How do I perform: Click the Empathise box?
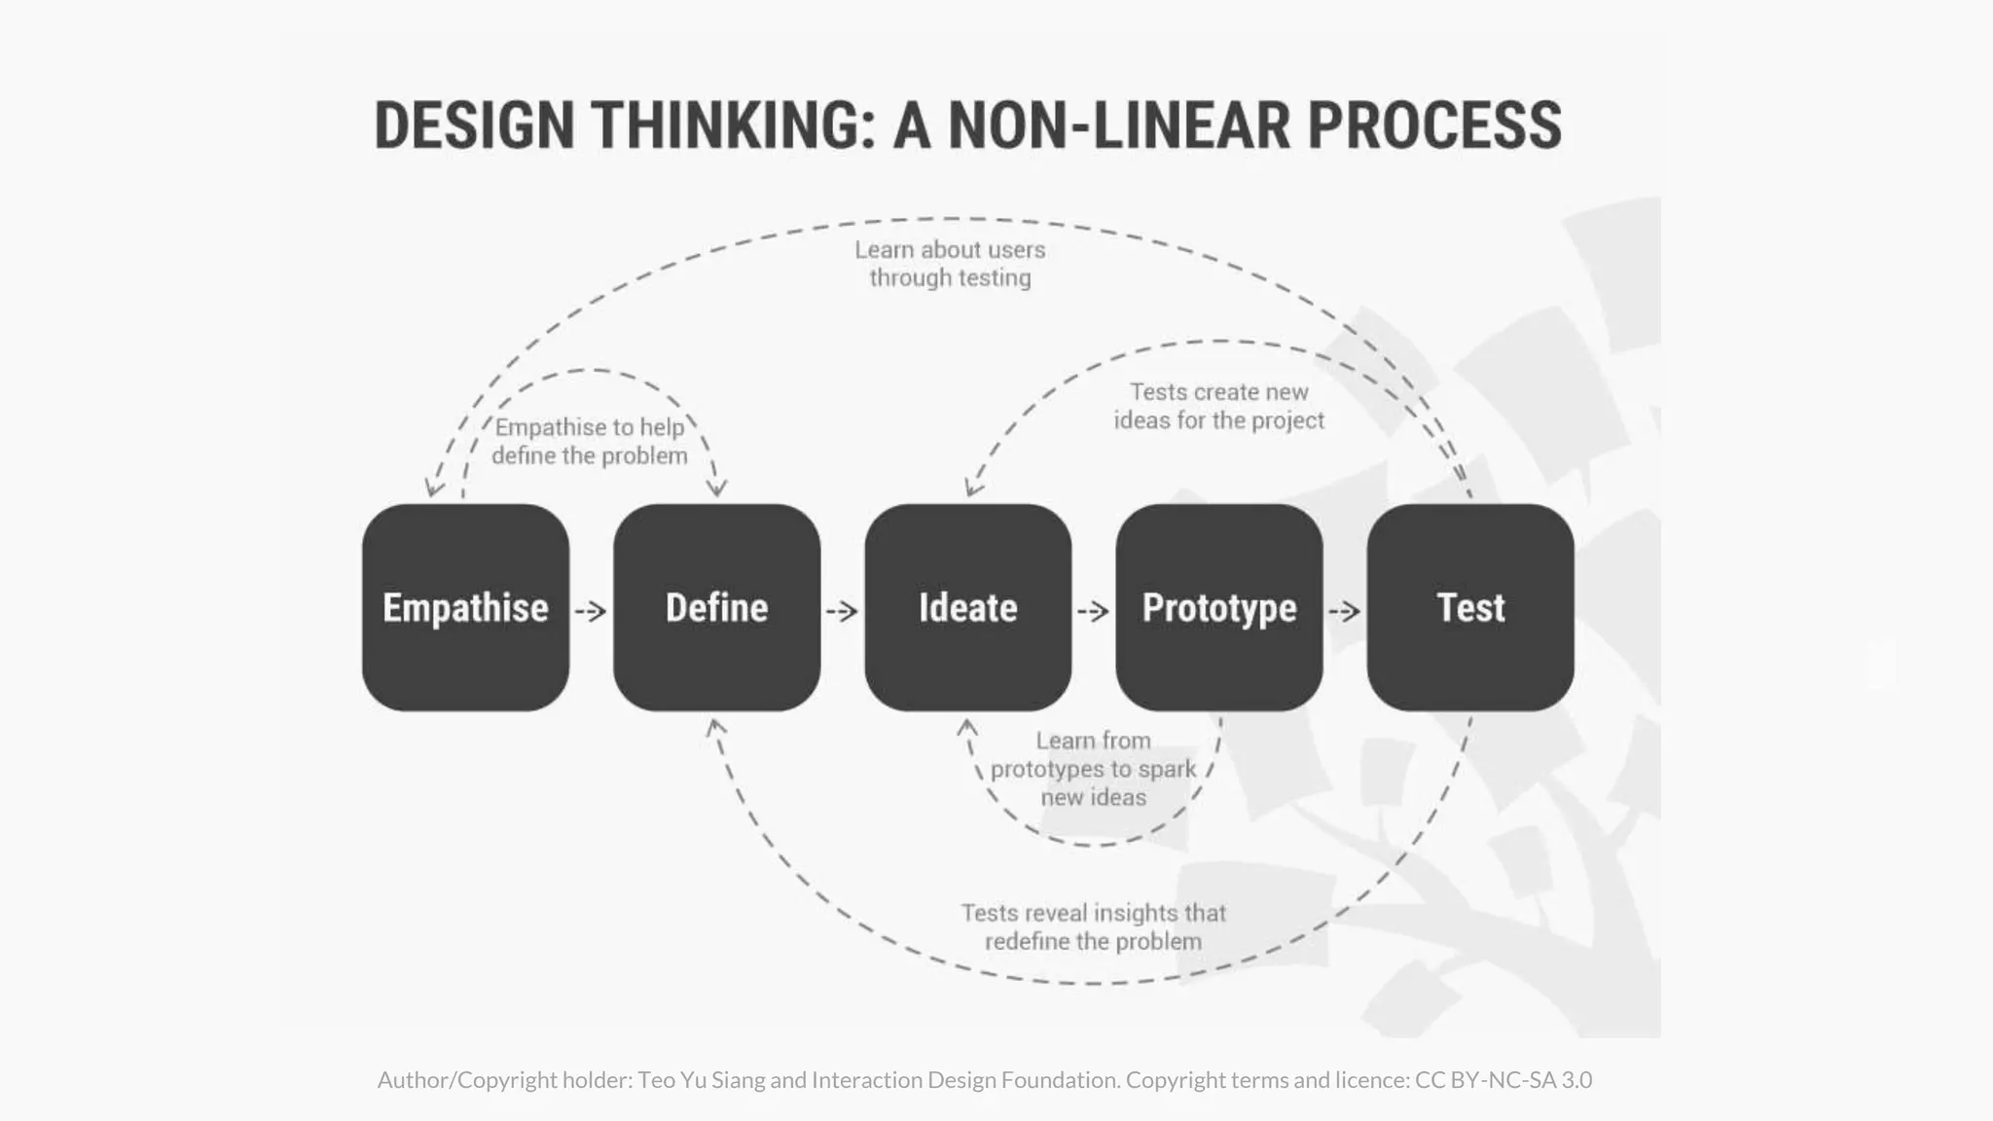click(465, 607)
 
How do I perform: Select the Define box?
click(716, 607)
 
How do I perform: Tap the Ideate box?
click(967, 607)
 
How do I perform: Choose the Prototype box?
click(1218, 607)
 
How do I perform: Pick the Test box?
click(1469, 607)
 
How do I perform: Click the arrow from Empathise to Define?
click(591, 611)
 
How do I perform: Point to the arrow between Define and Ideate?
click(842, 611)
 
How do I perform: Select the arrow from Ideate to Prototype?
click(1093, 611)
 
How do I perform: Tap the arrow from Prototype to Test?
click(1344, 611)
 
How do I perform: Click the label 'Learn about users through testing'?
click(950, 264)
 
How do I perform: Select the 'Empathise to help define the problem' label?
click(590, 442)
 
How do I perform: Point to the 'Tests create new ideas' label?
click(1218, 406)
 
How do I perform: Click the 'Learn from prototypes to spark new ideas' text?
click(1093, 769)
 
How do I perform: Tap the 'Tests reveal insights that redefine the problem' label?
click(1093, 926)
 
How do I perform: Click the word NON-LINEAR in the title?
click(1118, 126)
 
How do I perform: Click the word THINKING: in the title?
click(734, 126)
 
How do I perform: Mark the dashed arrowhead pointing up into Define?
click(715, 726)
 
